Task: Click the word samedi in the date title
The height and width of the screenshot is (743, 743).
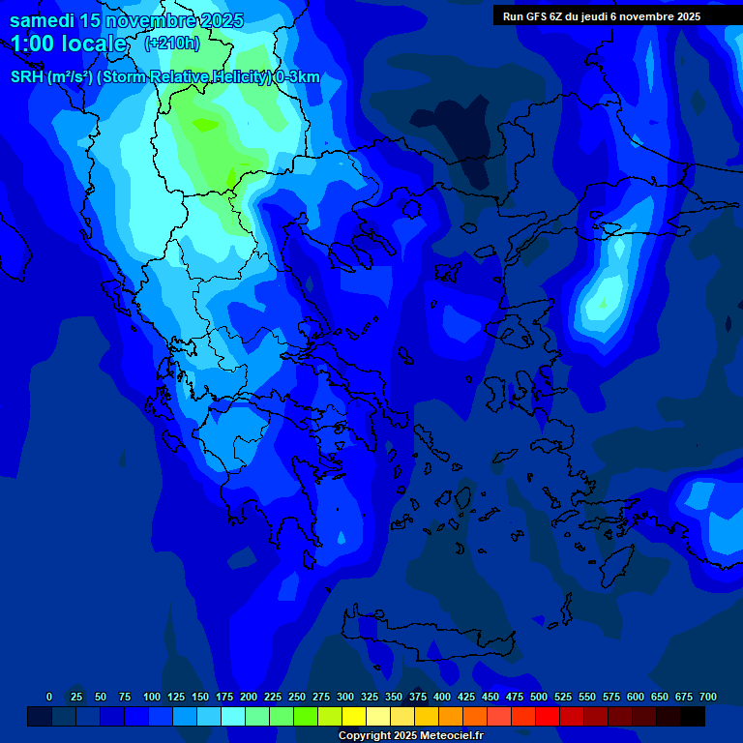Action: click(43, 20)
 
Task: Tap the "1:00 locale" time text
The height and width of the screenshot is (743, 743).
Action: click(68, 44)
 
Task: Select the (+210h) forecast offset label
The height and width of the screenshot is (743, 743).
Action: click(171, 43)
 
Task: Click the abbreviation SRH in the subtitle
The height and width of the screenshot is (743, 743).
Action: click(27, 77)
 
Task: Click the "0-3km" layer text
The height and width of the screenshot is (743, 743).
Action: click(298, 77)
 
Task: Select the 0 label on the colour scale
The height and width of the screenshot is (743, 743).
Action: click(49, 697)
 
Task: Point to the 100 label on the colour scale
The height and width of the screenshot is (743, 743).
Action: click(152, 697)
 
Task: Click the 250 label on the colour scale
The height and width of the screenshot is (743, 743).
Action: click(297, 697)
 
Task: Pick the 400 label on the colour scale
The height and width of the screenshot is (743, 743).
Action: click(442, 697)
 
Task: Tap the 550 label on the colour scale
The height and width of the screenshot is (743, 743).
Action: click(587, 697)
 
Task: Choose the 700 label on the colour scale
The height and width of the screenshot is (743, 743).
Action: click(708, 697)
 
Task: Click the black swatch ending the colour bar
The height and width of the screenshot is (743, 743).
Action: click(692, 716)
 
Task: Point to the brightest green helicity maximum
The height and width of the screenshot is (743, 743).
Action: click(205, 125)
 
